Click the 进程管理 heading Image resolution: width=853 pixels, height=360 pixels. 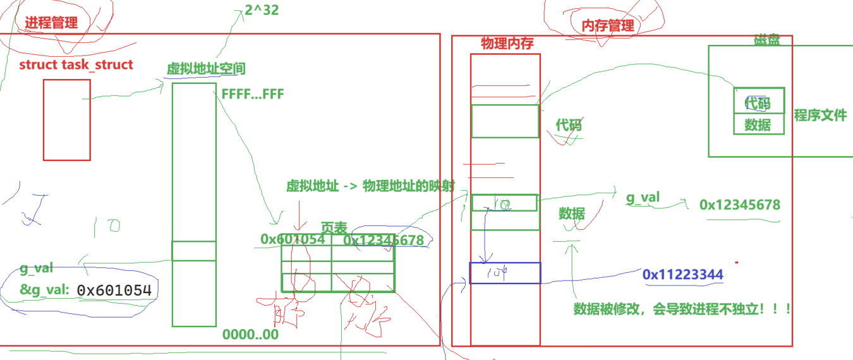click(51, 23)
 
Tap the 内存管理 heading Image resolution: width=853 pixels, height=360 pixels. click(607, 25)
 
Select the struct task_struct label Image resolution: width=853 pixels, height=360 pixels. click(76, 64)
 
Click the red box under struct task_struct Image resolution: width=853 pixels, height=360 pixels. click(66, 119)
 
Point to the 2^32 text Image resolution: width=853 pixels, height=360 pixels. click(262, 10)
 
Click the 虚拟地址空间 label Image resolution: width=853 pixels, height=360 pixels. click(206, 68)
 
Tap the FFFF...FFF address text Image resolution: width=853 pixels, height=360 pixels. click(253, 95)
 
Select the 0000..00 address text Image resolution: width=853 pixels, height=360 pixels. click(250, 335)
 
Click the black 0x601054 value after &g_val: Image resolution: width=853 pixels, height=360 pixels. click(114, 290)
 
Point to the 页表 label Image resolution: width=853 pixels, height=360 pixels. click(334, 228)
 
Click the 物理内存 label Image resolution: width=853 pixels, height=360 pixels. click(507, 44)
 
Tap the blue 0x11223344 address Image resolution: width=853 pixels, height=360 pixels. click(682, 275)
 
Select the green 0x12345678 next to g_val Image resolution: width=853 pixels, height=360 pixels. click(739, 205)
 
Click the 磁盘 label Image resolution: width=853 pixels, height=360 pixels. click(766, 40)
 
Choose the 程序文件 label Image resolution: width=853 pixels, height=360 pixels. click(820, 115)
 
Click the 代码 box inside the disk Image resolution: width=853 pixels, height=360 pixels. click(759, 102)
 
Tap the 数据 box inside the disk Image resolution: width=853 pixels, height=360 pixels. click(759, 124)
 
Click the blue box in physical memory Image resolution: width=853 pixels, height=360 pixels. click(505, 273)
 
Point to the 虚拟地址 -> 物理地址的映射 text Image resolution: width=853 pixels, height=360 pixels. click(370, 186)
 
